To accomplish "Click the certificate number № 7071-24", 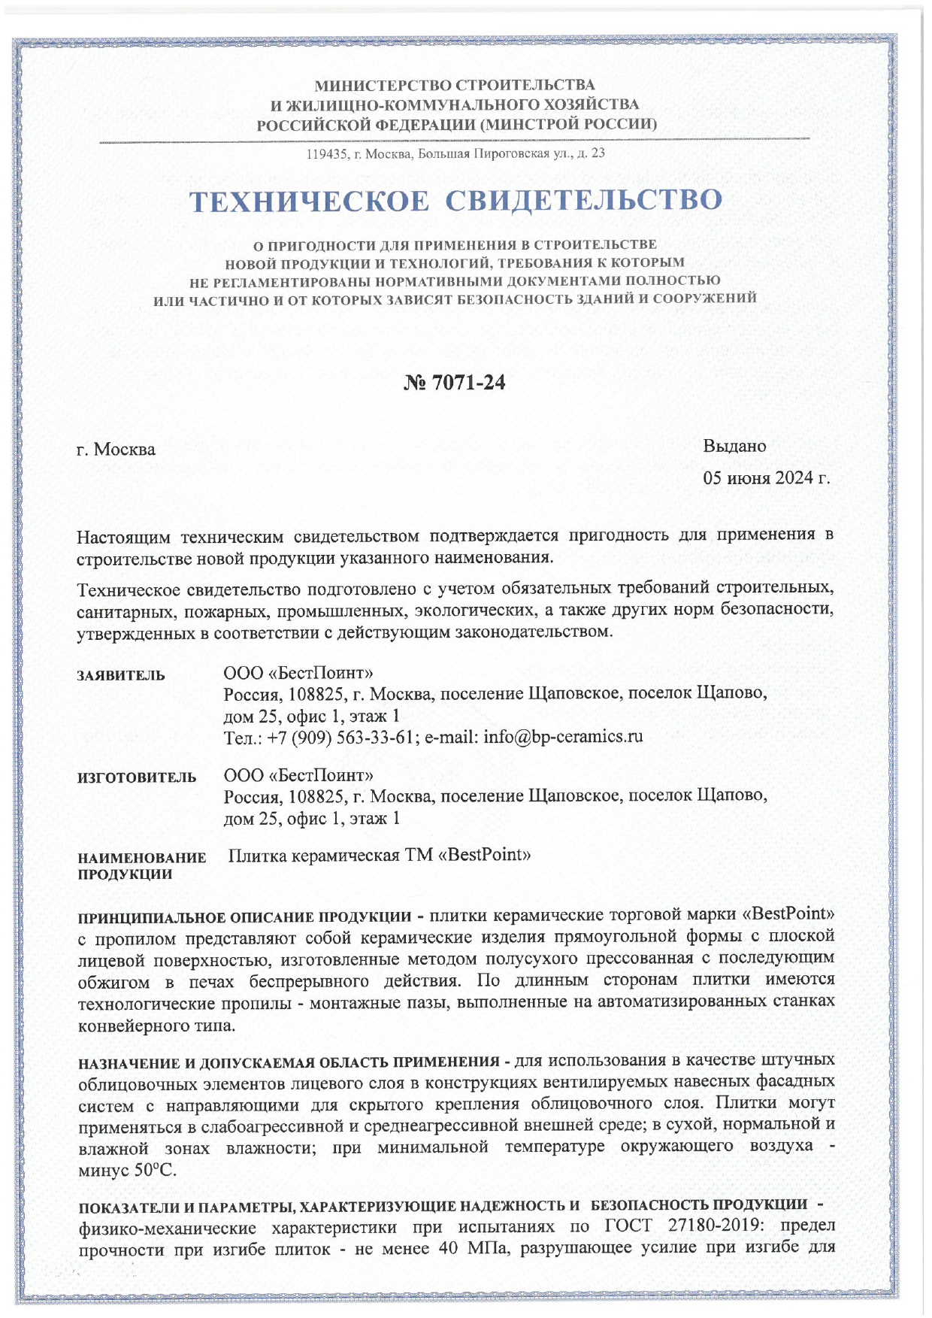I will tap(455, 383).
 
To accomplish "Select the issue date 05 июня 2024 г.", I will tap(766, 478).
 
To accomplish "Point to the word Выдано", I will tap(734, 446).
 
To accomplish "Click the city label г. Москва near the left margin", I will tap(116, 450).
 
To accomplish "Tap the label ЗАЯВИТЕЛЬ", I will tap(121, 675).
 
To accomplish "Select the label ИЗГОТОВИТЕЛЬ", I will tap(137, 777).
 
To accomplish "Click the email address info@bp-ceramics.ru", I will tap(563, 736).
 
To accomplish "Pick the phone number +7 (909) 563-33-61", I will tap(341, 737).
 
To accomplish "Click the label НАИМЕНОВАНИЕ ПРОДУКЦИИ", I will tap(141, 865).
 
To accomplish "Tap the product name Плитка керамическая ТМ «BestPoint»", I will tap(380, 855).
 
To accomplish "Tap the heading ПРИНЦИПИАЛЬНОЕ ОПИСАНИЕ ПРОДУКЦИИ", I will tap(245, 917).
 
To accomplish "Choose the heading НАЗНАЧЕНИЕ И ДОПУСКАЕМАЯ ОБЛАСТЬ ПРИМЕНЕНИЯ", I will tap(289, 1062).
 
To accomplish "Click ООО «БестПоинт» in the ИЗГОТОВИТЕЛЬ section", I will tap(298, 774).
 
